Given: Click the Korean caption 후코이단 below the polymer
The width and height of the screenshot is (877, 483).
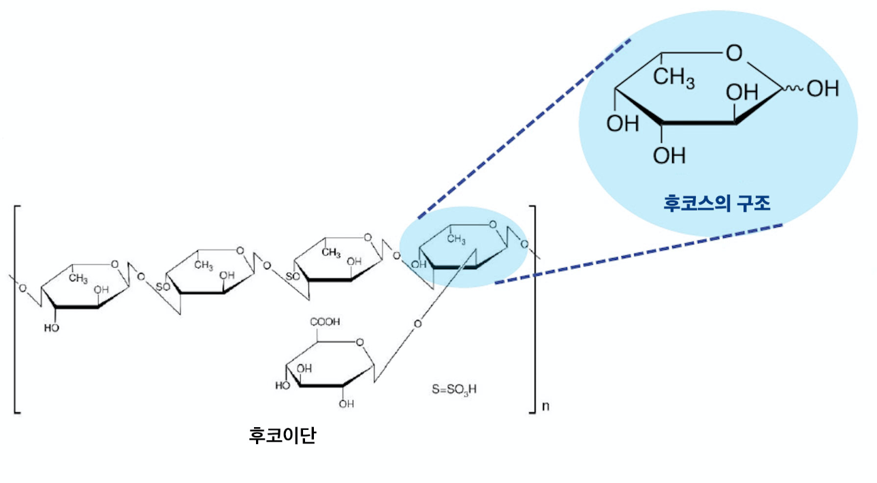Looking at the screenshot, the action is pyautogui.click(x=283, y=435).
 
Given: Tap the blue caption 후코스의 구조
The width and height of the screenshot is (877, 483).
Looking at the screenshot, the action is pyautogui.click(x=717, y=203).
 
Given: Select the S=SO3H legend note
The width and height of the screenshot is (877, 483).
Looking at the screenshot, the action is pyautogui.click(x=454, y=390).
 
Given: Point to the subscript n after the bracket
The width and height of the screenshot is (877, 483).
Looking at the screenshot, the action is pyautogui.click(x=545, y=406).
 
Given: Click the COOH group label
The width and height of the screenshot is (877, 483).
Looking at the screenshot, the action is pyautogui.click(x=325, y=322).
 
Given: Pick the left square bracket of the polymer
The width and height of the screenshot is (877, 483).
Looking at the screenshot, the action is pyautogui.click(x=17, y=309).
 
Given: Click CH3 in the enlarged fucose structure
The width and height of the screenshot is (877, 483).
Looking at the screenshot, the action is pyautogui.click(x=674, y=77).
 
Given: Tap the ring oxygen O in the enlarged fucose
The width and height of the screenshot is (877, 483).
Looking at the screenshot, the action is pyautogui.click(x=734, y=53).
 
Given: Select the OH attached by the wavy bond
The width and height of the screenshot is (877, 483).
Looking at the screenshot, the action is pyautogui.click(x=823, y=89).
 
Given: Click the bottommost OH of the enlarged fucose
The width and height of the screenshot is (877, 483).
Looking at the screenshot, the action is pyautogui.click(x=669, y=156).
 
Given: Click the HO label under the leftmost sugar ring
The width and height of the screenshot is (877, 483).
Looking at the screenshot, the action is pyautogui.click(x=51, y=328).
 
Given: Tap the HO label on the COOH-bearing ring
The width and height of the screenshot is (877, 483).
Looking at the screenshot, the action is pyautogui.click(x=283, y=386).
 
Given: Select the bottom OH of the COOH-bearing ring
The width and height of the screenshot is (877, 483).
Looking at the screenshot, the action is pyautogui.click(x=347, y=404).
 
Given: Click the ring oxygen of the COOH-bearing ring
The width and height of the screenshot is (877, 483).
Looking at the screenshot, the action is pyautogui.click(x=360, y=343).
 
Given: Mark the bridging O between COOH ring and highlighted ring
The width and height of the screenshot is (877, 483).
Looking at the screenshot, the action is pyautogui.click(x=418, y=324).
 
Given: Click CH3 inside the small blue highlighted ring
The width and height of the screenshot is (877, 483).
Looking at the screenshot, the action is pyautogui.click(x=456, y=238).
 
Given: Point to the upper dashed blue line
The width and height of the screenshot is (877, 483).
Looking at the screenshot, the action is pyautogui.click(x=524, y=129).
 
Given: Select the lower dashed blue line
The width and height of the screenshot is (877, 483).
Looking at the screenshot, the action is pyautogui.click(x=639, y=254).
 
